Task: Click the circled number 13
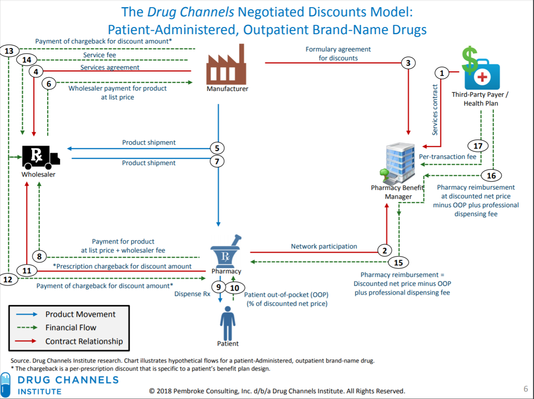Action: [x=9, y=51]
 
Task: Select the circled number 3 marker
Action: [x=408, y=63]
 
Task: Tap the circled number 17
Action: [x=478, y=145]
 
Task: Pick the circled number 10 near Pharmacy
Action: [x=234, y=288]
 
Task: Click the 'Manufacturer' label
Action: [x=227, y=89]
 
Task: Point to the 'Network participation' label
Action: [x=324, y=246]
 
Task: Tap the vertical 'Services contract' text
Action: [x=435, y=109]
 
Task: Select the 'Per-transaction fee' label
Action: [x=447, y=157]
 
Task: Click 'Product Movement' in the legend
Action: [x=80, y=314]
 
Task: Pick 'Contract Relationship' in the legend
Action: [x=84, y=341]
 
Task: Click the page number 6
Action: [x=526, y=389]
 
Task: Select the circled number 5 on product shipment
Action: [x=217, y=148]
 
